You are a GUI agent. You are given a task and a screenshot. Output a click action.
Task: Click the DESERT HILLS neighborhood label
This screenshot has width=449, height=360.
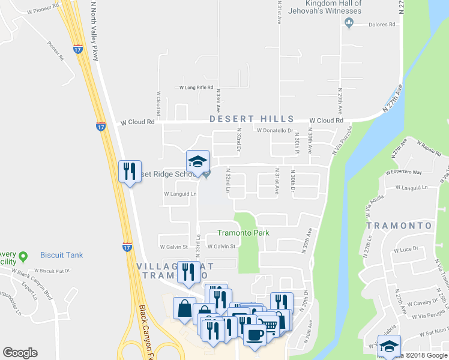(x=252, y=119)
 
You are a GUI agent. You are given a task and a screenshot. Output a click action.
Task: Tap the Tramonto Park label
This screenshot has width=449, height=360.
(x=243, y=233)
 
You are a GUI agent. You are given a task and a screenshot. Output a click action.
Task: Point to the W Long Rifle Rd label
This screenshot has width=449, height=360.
(x=196, y=88)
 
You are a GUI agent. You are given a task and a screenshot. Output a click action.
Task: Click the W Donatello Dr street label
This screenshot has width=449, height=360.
(x=274, y=130)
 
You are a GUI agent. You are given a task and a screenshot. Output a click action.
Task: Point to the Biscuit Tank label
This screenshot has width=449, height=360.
(x=61, y=255)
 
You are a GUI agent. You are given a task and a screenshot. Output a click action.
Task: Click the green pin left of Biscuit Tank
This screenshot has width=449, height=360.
(x=23, y=256)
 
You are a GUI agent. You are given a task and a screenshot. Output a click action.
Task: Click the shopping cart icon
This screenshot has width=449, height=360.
(x=270, y=324)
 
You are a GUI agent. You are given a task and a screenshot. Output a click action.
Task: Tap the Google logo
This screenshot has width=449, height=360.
(x=20, y=353)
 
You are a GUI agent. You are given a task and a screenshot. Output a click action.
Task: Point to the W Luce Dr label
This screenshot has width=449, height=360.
(x=405, y=250)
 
